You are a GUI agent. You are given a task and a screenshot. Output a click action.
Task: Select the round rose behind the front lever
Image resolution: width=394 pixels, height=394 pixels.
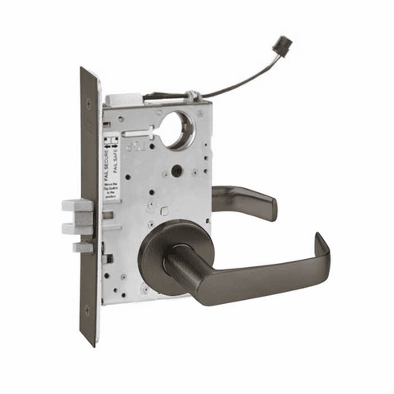point(165,249)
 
